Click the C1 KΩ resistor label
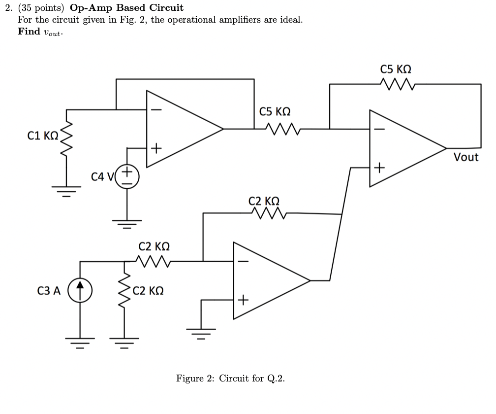click(x=43, y=135)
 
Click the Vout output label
click(x=465, y=157)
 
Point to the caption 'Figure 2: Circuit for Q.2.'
click(x=230, y=379)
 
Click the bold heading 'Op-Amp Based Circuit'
click(x=126, y=8)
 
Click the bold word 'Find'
click(x=29, y=32)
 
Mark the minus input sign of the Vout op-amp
click(x=379, y=130)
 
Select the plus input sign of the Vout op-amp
click(x=379, y=168)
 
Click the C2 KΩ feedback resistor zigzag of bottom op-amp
click(x=268, y=213)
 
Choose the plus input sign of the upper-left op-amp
click(x=155, y=147)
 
